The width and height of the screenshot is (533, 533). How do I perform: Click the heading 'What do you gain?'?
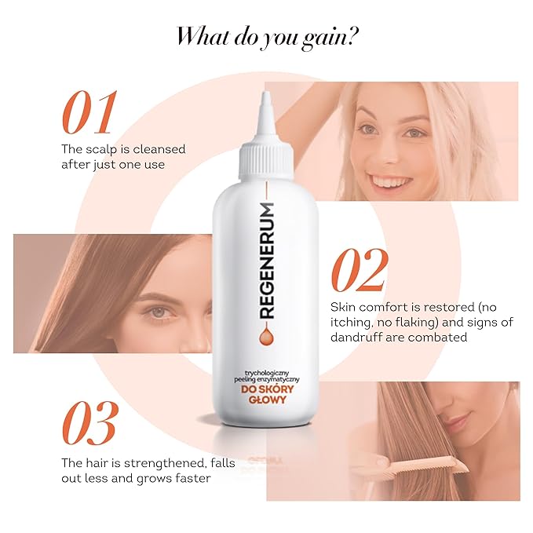[266, 35]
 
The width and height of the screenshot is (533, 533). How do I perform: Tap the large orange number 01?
[89, 113]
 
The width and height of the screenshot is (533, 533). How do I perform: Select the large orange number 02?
[359, 271]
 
